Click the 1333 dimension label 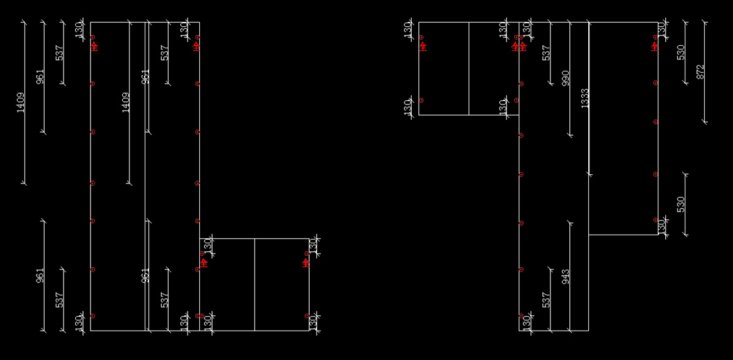click(x=585, y=98)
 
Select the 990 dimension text click(x=566, y=78)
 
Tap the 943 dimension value click(x=566, y=277)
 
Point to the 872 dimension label click(x=701, y=72)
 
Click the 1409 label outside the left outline click(x=21, y=103)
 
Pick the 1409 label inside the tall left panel click(x=126, y=103)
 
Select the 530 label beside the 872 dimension click(x=681, y=52)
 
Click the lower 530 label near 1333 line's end click(x=681, y=204)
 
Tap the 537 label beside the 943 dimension click(x=547, y=299)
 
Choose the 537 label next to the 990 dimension click(x=547, y=53)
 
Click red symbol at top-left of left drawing click(x=94, y=45)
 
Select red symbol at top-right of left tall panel click(x=196, y=45)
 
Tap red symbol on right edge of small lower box click(x=306, y=262)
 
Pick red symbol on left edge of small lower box click(x=203, y=262)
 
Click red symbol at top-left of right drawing click(x=423, y=45)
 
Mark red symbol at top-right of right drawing click(x=655, y=45)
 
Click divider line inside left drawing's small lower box click(x=255, y=284)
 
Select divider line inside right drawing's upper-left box click(x=469, y=68)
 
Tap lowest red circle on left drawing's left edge click(x=92, y=316)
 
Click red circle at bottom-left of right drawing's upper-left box click(x=421, y=100)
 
